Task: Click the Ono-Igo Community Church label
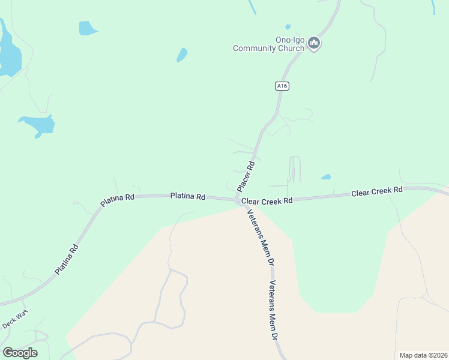pos(269,44)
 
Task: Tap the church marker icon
pos(314,43)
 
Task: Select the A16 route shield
pos(283,86)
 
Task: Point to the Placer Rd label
pos(246,176)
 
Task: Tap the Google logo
pos(20,353)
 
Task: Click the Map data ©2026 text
pos(423,355)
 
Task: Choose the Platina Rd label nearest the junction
pos(188,196)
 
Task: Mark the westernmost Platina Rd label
pos(67,259)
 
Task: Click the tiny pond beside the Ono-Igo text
pos(288,26)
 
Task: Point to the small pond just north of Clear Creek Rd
pos(325,177)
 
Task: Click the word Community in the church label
pos(256,48)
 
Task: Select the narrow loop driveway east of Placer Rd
pos(294,169)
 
